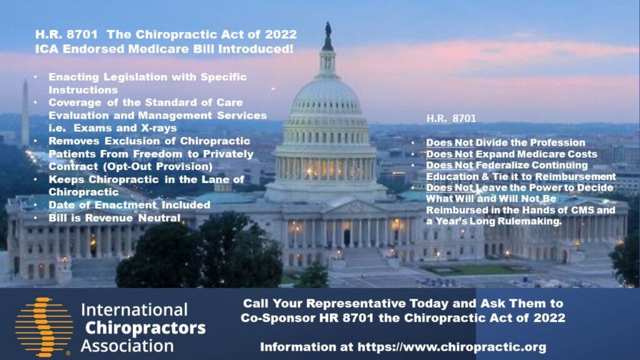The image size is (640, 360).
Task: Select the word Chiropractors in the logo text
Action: (145, 328)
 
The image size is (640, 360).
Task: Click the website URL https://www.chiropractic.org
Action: (452, 347)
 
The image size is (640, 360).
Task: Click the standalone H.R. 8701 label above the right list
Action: (451, 118)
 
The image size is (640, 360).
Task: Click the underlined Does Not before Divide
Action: (449, 143)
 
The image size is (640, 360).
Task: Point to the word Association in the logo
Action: (127, 346)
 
